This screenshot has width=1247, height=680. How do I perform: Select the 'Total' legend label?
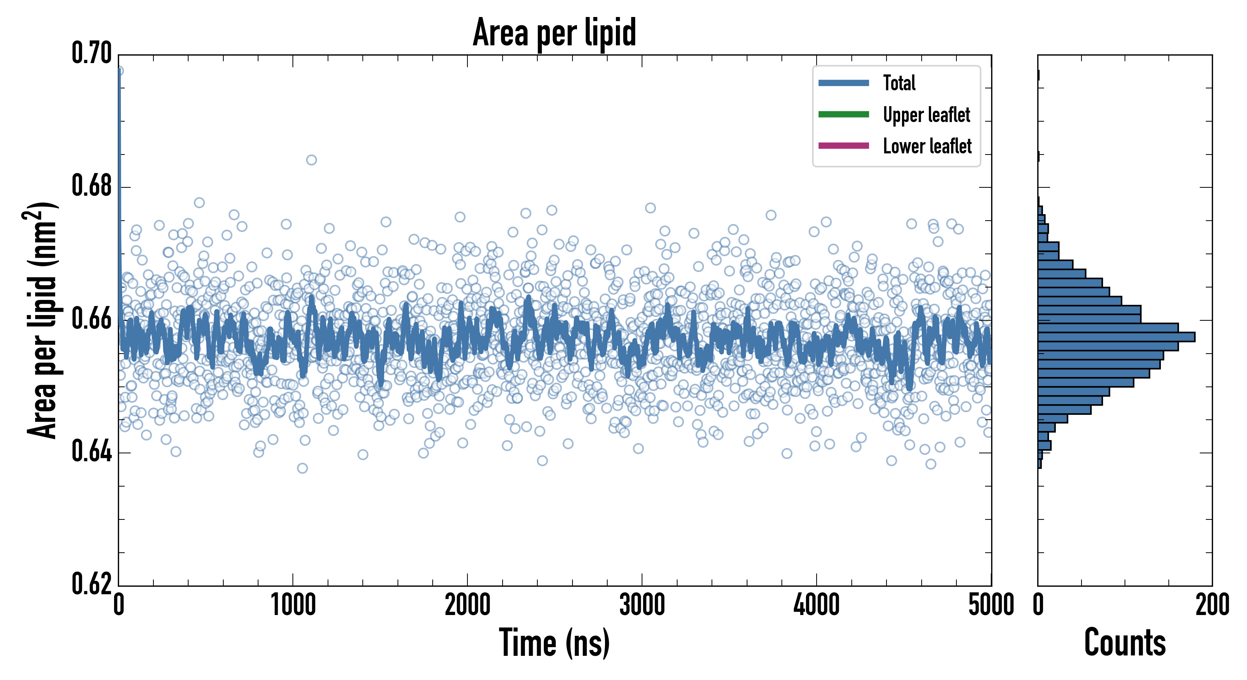(899, 83)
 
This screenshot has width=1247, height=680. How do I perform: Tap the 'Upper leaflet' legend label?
(926, 115)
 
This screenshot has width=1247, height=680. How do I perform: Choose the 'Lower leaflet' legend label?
(927, 146)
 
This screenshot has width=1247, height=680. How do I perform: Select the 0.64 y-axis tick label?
(91, 451)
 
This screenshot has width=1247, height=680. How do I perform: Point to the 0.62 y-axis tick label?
(91, 584)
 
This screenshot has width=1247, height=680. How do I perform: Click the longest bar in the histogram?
(1116, 337)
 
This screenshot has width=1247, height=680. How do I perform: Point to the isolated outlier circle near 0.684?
(311, 160)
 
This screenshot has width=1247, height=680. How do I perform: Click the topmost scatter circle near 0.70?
(119, 71)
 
